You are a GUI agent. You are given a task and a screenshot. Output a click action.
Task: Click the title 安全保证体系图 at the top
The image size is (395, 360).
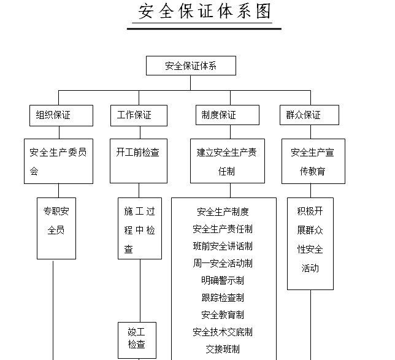click(x=205, y=12)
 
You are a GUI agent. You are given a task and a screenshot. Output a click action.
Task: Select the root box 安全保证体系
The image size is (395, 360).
click(x=191, y=66)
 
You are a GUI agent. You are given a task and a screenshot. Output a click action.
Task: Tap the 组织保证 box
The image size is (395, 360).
click(x=61, y=115)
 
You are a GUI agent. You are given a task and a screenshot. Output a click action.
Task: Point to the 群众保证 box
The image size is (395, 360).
click(x=311, y=115)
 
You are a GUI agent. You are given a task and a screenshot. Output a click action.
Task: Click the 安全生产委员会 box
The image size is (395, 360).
click(x=58, y=161)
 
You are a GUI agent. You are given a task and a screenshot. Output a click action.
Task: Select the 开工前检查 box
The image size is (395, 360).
click(x=138, y=161)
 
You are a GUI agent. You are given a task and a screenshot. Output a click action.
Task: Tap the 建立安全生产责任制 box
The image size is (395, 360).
click(x=226, y=161)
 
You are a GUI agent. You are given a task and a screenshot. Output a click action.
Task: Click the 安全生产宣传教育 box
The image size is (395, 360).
click(x=313, y=161)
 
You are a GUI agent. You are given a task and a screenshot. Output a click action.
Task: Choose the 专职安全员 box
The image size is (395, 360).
click(x=56, y=228)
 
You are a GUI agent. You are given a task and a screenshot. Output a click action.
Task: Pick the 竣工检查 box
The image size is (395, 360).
click(x=137, y=339)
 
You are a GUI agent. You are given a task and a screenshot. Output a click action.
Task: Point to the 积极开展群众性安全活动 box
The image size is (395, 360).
click(x=310, y=243)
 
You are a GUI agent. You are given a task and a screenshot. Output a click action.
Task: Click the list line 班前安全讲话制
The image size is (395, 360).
click(x=223, y=246)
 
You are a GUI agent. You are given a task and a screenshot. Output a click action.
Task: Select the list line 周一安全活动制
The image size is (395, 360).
click(x=223, y=263)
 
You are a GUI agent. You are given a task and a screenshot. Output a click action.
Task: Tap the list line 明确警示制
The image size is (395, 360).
click(x=223, y=280)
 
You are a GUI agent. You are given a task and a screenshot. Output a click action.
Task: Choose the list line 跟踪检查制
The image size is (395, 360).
click(x=223, y=297)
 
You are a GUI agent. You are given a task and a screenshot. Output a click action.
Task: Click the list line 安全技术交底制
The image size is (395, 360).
click(x=223, y=332)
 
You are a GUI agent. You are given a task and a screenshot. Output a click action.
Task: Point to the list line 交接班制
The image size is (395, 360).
click(x=223, y=349)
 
